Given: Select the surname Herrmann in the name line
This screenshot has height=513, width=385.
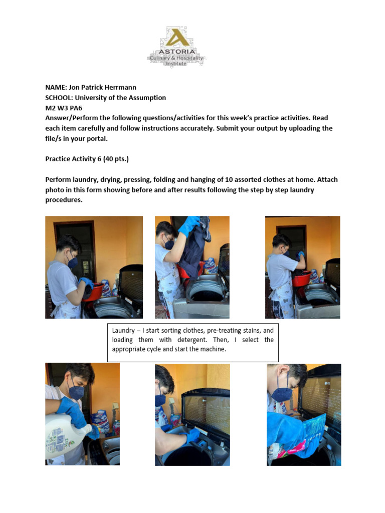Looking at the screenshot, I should pos(118,87).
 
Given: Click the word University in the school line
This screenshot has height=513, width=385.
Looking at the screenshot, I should pos(93,98).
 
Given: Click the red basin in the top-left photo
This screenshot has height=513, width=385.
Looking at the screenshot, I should pos(93,291).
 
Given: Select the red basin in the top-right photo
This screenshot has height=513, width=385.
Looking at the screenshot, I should pos(302,278).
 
